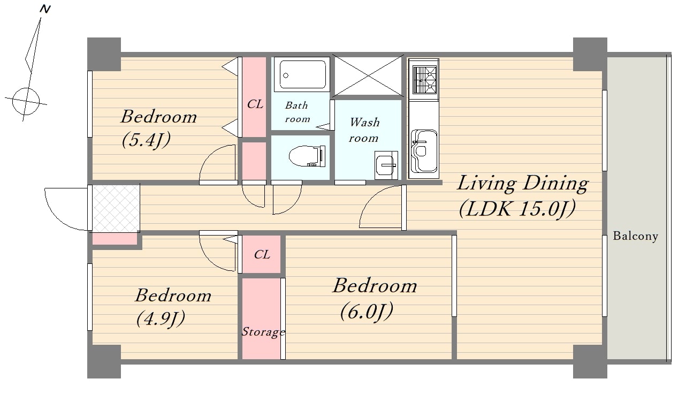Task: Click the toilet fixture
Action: [307, 156]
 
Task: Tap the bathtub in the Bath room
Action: [302, 74]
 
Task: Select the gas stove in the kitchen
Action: [424, 80]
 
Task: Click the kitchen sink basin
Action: [424, 151]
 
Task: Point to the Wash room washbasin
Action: [386, 165]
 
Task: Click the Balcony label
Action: [636, 237]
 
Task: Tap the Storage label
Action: [263, 332]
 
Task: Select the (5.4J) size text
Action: [146, 141]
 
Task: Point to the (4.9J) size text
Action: [161, 319]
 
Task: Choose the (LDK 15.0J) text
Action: [517, 209]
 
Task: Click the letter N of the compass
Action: [45, 9]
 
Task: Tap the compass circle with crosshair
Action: [26, 101]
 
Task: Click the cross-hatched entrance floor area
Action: [116, 208]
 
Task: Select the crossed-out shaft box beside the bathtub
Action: [368, 75]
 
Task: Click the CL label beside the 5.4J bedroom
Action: [255, 104]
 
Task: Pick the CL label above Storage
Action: [262, 255]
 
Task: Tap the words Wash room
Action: [364, 130]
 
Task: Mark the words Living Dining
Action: [522, 184]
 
